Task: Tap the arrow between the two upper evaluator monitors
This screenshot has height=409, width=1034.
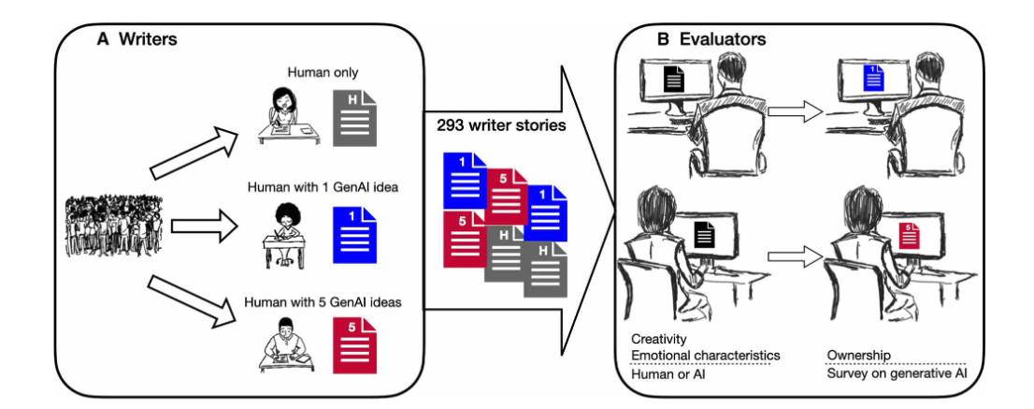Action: [x=793, y=111]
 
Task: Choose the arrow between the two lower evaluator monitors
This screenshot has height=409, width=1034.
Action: [x=793, y=254]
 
